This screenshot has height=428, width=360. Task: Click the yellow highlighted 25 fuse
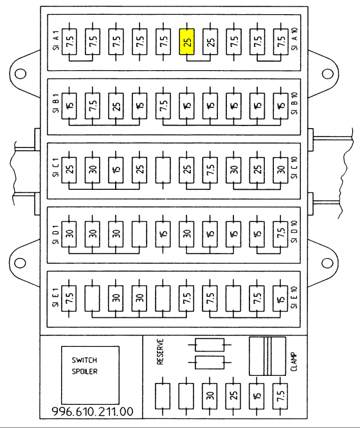pos(187,41)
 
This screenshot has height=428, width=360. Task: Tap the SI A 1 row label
pos(56,40)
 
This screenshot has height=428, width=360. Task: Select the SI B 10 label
pos(294,103)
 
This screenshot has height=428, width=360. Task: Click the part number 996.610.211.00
pos(93,411)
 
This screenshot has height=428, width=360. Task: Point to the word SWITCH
pos(84,360)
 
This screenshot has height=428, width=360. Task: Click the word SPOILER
pos(85,371)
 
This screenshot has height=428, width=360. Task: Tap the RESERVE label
pos(160,352)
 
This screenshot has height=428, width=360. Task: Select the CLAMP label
pos(294,362)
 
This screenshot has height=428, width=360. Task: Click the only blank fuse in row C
pos(163,170)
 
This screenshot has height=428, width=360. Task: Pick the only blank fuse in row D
pos(139,234)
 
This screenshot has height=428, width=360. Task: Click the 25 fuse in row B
pos(116,106)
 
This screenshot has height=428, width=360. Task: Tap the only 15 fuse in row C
pos(116,170)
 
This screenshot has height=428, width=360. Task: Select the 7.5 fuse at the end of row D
pos(281,234)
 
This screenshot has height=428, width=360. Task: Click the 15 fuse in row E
pos(281,298)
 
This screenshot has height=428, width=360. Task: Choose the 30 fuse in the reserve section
pos(210,396)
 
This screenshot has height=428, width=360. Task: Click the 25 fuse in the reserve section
pos(233,396)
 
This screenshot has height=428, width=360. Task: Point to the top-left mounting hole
pos(21,74)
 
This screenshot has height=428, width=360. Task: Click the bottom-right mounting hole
pos(327,263)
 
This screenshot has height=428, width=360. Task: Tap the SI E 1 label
pos(56,297)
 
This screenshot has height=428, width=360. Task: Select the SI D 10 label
pos(294,231)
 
